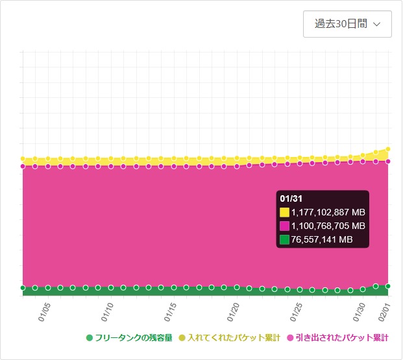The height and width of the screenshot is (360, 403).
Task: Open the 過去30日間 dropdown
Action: [347, 24]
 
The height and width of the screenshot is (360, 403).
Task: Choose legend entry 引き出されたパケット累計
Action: [342, 338]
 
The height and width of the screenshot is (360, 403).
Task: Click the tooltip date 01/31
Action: [291, 198]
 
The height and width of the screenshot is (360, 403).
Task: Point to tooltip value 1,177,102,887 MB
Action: [328, 212]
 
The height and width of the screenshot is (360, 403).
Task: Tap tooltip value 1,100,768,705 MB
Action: [328, 226]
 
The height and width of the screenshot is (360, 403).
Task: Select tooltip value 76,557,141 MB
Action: [321, 239]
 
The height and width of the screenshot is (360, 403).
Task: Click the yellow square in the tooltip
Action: [284, 212]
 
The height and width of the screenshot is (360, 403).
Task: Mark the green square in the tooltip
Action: [284, 239]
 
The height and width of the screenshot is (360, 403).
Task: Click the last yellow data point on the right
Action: [388, 149]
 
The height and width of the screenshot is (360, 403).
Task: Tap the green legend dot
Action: [90, 338]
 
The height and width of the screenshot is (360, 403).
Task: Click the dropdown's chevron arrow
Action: [377, 25]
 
